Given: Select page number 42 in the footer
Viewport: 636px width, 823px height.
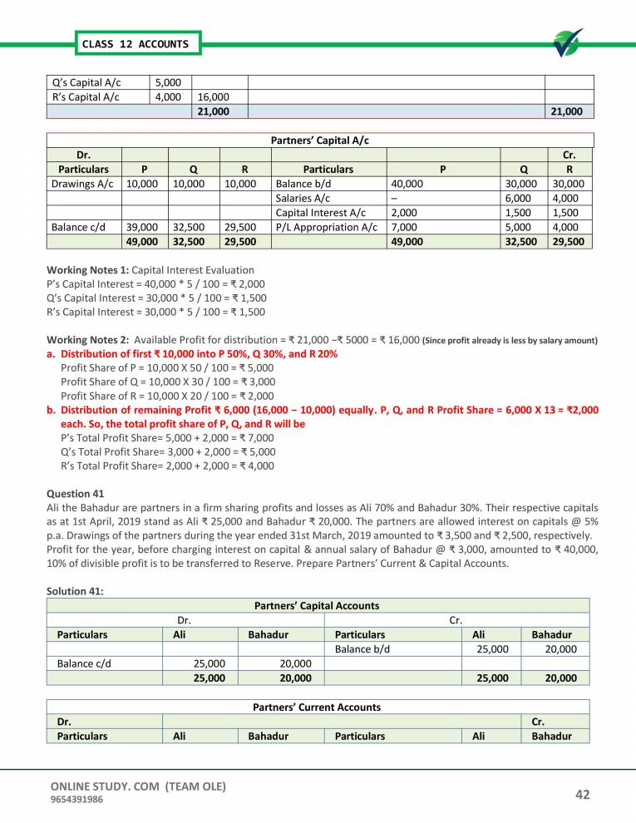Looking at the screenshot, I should coord(582,795).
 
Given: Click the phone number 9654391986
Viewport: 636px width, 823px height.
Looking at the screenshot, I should coord(78,800).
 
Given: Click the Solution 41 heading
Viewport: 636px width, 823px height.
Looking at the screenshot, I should coord(76,590).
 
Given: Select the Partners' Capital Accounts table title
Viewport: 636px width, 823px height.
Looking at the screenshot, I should coord(316,606).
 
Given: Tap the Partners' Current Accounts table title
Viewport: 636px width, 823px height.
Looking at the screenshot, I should coord(316,707).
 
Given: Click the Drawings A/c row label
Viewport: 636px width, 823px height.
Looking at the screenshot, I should coord(82,184).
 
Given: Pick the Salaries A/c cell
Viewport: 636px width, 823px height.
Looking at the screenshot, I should coord(303,198).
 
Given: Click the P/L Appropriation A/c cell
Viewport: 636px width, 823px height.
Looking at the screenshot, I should coord(326,227).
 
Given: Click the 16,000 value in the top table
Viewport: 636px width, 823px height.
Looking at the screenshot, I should coord(214,96).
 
